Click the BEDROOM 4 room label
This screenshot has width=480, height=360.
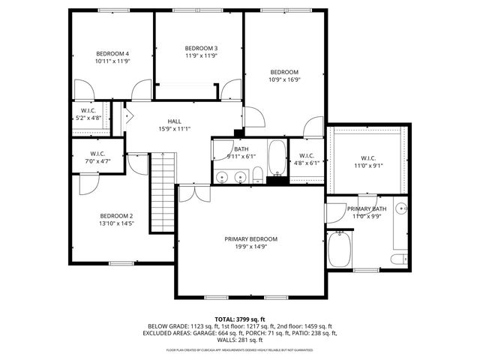[x=112, y=54]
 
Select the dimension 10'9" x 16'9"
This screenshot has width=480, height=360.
[x=284, y=79]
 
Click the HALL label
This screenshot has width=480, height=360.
[x=174, y=121]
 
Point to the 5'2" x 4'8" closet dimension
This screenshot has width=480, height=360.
[x=88, y=118]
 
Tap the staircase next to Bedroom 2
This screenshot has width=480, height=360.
[x=162, y=191]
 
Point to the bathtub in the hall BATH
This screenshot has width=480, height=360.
[x=277, y=157]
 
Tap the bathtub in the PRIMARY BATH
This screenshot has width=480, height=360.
[x=339, y=247]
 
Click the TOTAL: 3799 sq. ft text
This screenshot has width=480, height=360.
[x=240, y=319]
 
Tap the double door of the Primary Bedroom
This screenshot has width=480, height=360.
[x=194, y=193]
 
